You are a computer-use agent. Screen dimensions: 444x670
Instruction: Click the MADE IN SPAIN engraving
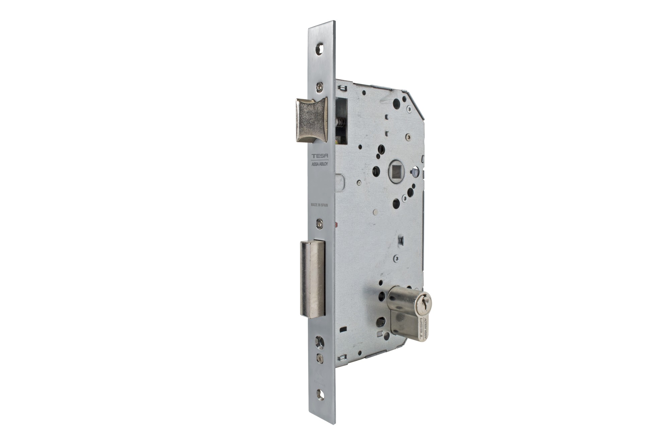coord(319,206)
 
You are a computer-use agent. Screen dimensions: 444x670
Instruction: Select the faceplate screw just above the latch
coord(321,87)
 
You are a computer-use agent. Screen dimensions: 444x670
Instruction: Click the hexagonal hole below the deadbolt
coord(321,343)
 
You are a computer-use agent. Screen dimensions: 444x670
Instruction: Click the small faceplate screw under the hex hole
coord(321,359)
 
